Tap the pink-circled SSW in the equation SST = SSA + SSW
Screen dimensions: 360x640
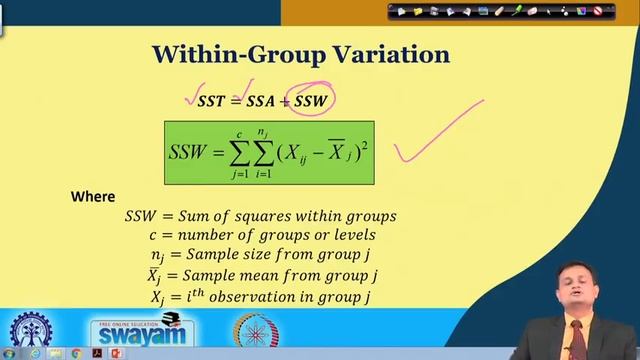tap(311, 101)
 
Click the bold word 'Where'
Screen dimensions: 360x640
tap(93, 197)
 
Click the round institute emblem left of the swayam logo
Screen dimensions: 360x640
tap(31, 331)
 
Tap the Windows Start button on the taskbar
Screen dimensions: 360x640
tap(8, 354)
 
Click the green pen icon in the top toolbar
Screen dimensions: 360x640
tap(518, 11)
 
